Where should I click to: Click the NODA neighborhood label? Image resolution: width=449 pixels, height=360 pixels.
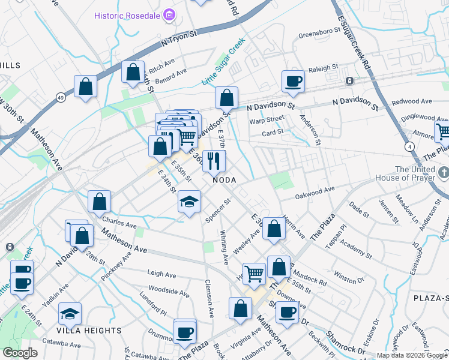(222, 180)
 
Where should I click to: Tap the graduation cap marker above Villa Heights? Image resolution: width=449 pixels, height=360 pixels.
(70, 313)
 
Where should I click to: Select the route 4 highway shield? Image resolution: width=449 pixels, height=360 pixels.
(409, 146)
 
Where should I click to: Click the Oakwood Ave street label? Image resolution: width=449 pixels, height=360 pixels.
(315, 193)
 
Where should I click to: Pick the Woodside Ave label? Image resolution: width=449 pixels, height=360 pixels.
(169, 292)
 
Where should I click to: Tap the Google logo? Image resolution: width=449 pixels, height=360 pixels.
(20, 353)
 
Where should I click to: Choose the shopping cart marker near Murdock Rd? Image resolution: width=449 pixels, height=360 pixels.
(254, 274)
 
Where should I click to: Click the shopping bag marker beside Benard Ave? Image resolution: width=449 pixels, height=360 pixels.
(133, 73)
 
